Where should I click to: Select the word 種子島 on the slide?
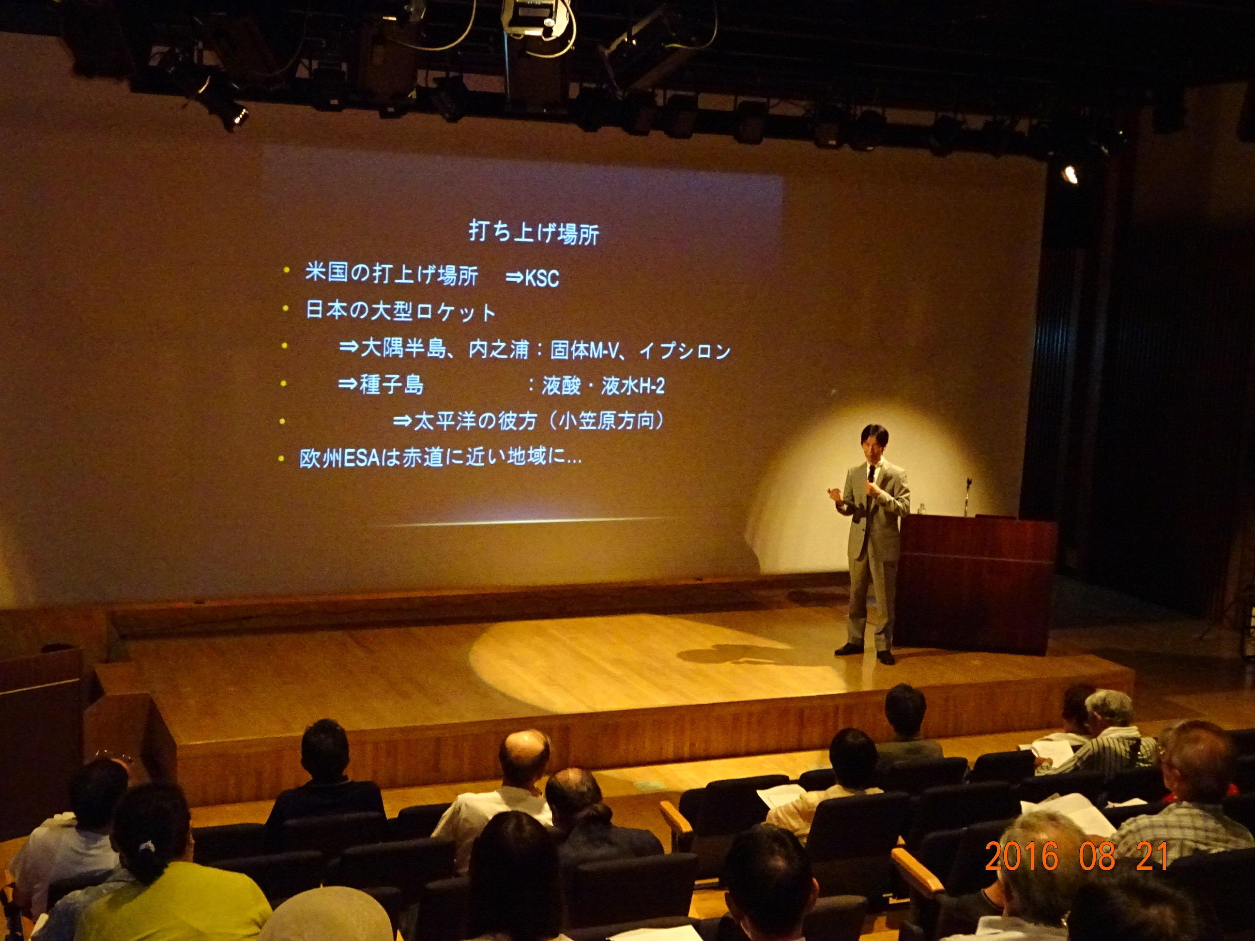pos(392,386)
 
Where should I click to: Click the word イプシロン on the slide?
pos(684,351)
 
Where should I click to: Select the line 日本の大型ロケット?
pos(400,311)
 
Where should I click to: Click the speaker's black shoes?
pos(866,651)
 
